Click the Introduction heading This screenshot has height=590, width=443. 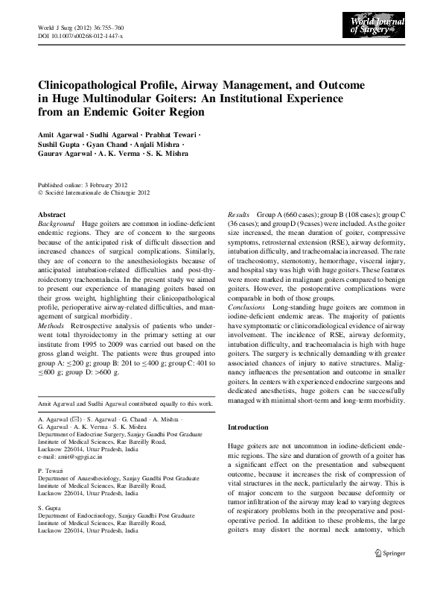[248, 427]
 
